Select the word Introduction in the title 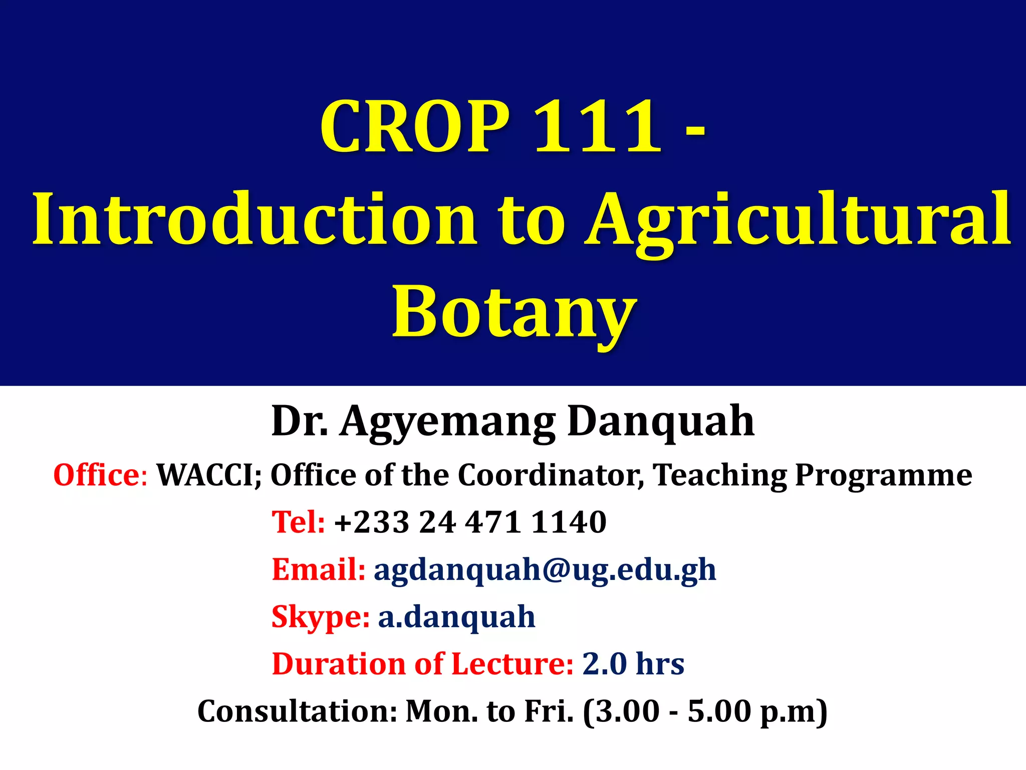pyautogui.click(x=254, y=219)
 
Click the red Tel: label pyautogui.click(x=298, y=522)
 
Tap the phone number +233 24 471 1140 pyautogui.click(x=470, y=522)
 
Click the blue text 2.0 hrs pyautogui.click(x=633, y=664)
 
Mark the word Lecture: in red pyautogui.click(x=512, y=664)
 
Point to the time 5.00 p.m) pyautogui.click(x=756, y=711)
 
